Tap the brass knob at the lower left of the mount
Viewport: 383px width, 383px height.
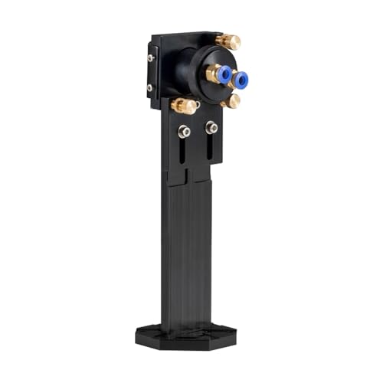tap(185, 106)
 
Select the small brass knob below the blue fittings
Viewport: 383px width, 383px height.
tap(230, 100)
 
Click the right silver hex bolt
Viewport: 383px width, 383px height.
tap(211, 128)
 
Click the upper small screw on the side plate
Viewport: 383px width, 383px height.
tap(151, 57)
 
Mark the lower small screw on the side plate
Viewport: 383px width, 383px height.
tap(151, 87)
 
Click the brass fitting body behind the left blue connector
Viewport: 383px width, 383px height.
tap(211, 74)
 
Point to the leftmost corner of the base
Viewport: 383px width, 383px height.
tap(136, 335)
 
